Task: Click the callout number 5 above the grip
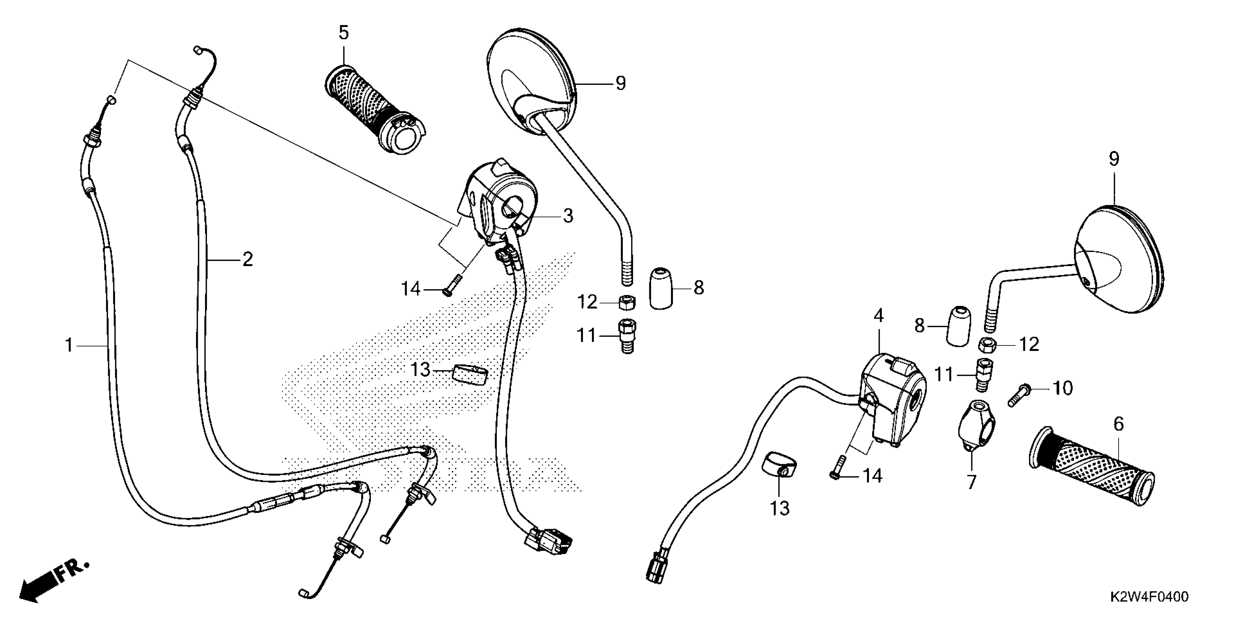click(x=344, y=33)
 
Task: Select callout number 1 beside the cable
click(x=69, y=345)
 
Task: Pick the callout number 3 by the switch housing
click(x=568, y=216)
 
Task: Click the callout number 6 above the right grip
click(x=1118, y=424)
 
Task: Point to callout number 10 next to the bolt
click(x=1062, y=388)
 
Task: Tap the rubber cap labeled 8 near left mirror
click(x=661, y=289)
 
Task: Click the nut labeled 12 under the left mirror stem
click(x=626, y=303)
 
